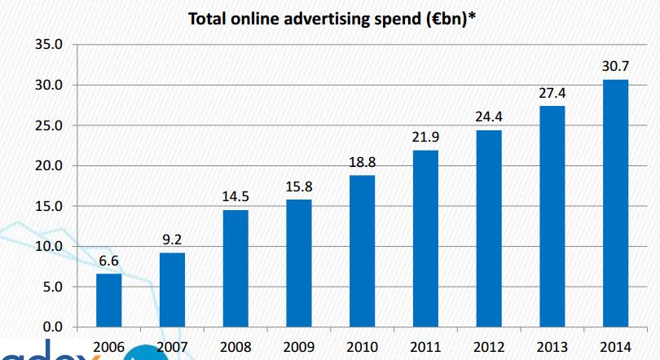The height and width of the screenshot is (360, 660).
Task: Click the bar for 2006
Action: (109, 300)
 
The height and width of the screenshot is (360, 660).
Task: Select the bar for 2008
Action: (235, 268)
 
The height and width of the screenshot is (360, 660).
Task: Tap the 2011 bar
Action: (425, 238)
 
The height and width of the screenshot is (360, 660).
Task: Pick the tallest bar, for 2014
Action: (615, 203)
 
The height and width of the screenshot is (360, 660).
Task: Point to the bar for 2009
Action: (299, 263)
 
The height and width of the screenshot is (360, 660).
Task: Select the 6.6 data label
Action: (109, 261)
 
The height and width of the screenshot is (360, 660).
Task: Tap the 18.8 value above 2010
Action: (362, 163)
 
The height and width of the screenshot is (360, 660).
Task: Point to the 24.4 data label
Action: (489, 117)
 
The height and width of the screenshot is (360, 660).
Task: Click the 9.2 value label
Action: (172, 240)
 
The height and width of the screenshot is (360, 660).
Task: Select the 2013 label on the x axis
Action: (552, 347)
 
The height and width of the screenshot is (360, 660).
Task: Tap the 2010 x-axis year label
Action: (362, 347)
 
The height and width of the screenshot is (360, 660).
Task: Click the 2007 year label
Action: (172, 347)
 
